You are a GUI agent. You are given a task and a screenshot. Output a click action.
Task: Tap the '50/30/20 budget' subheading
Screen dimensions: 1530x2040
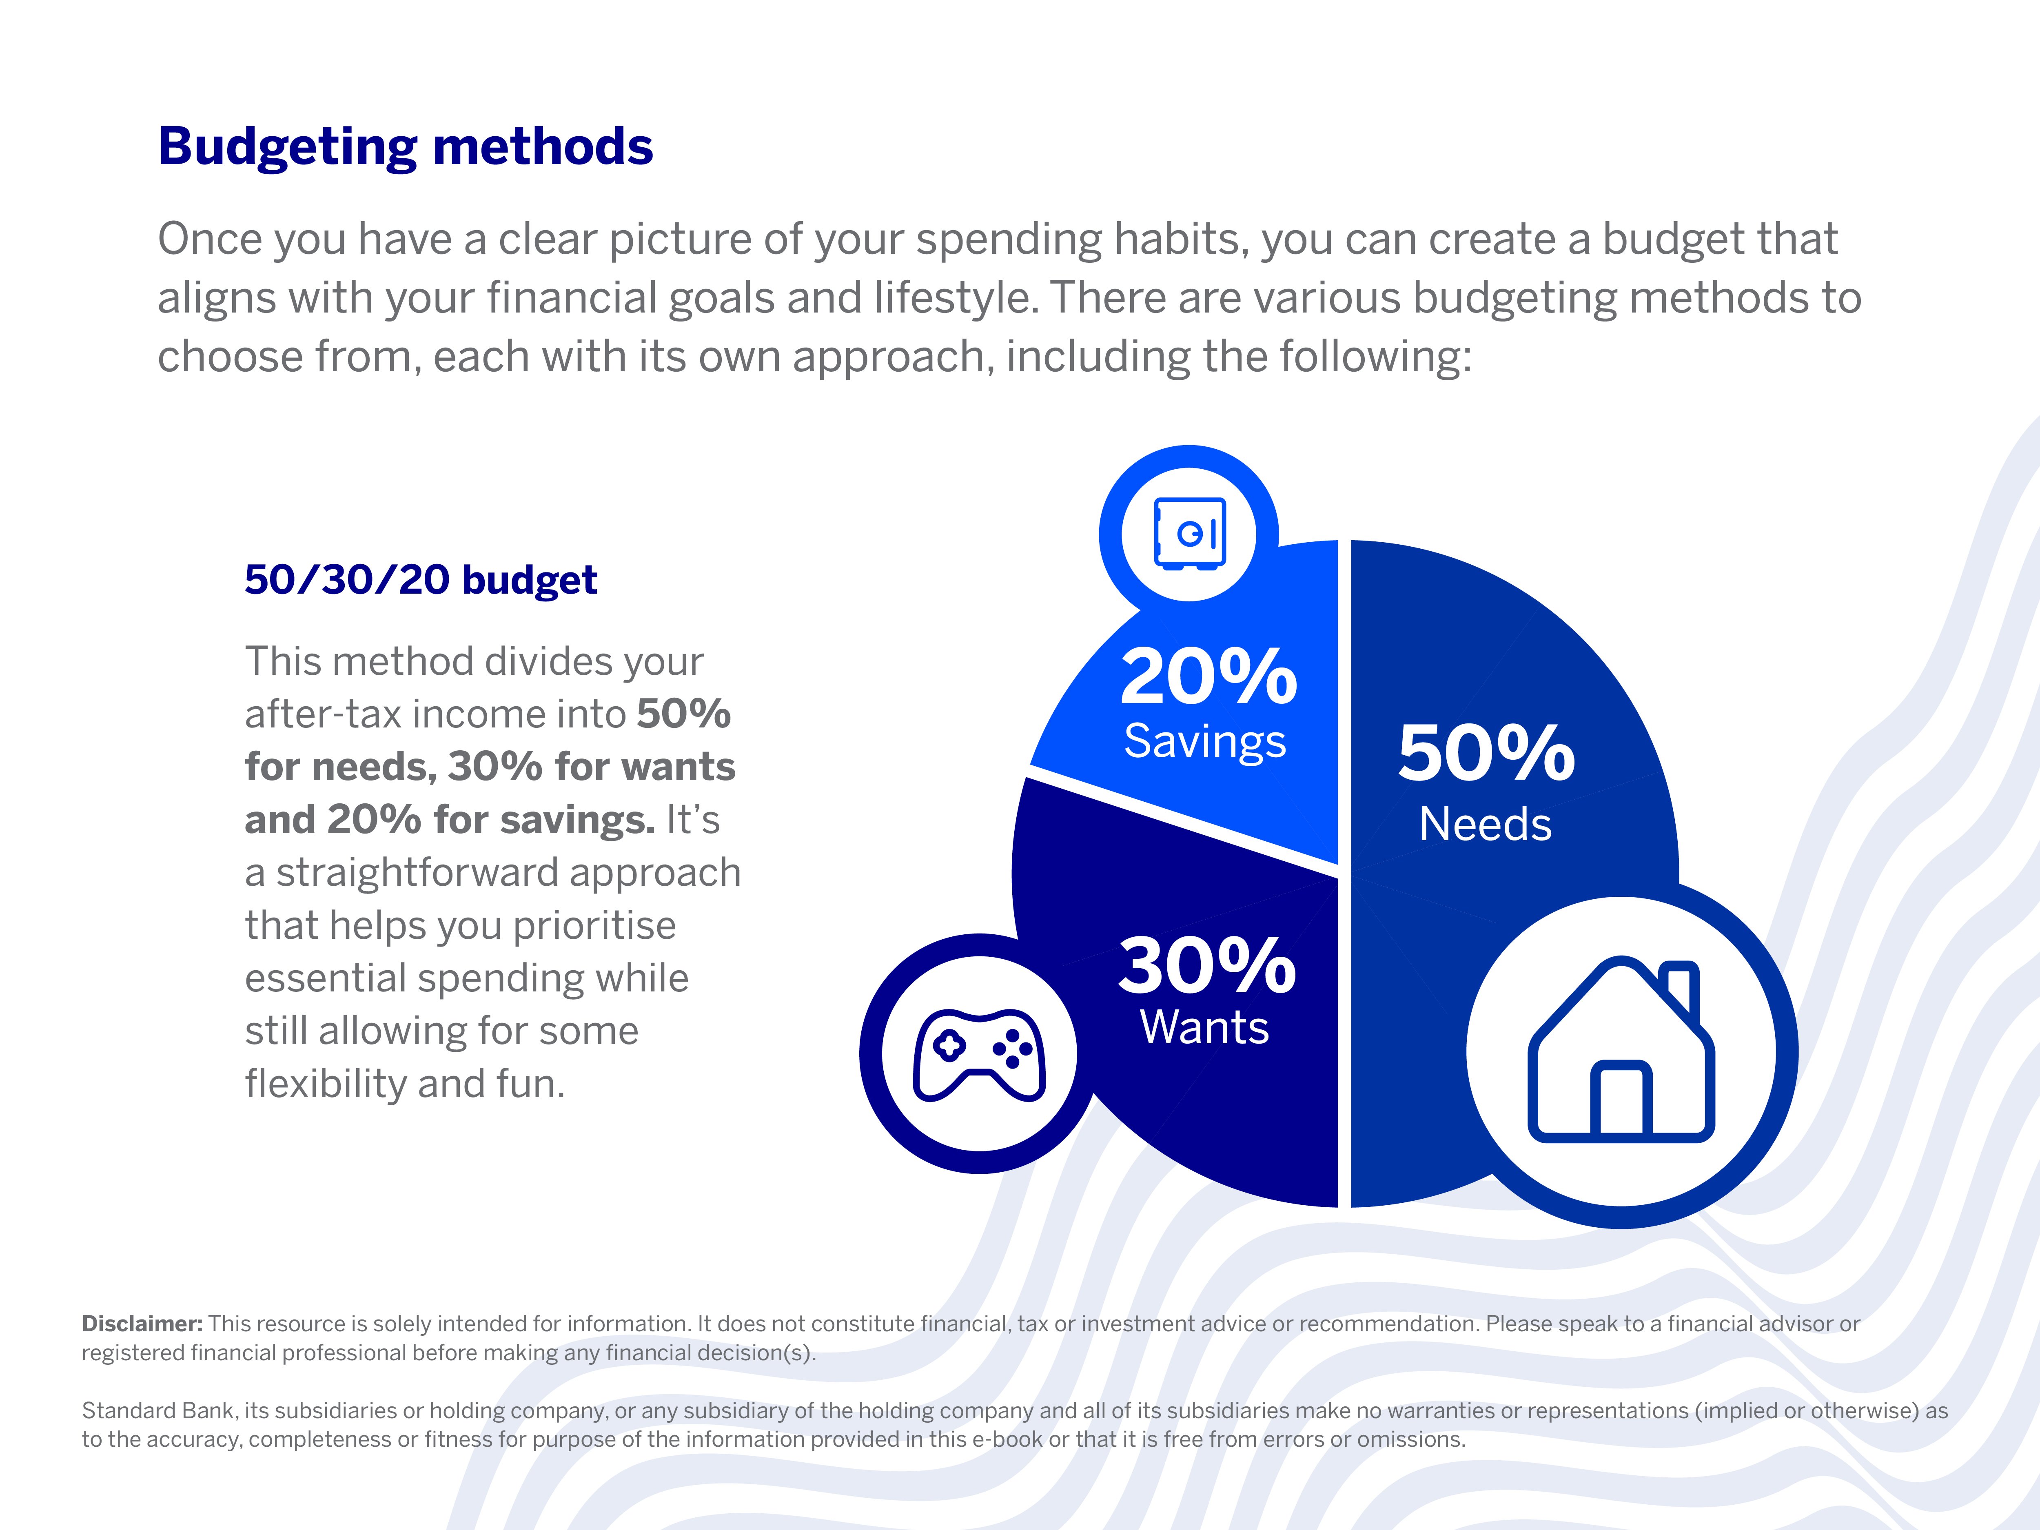421,580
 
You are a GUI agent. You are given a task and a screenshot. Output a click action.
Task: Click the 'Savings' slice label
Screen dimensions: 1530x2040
1204,741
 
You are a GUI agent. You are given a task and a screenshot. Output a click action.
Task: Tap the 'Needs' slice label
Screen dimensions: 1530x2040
1485,825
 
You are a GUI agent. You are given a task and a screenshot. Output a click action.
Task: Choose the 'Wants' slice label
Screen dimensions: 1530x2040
1204,1027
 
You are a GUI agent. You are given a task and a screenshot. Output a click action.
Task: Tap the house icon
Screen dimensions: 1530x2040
1621,1051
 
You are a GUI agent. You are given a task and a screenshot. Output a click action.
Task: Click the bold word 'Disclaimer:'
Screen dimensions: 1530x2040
142,1324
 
